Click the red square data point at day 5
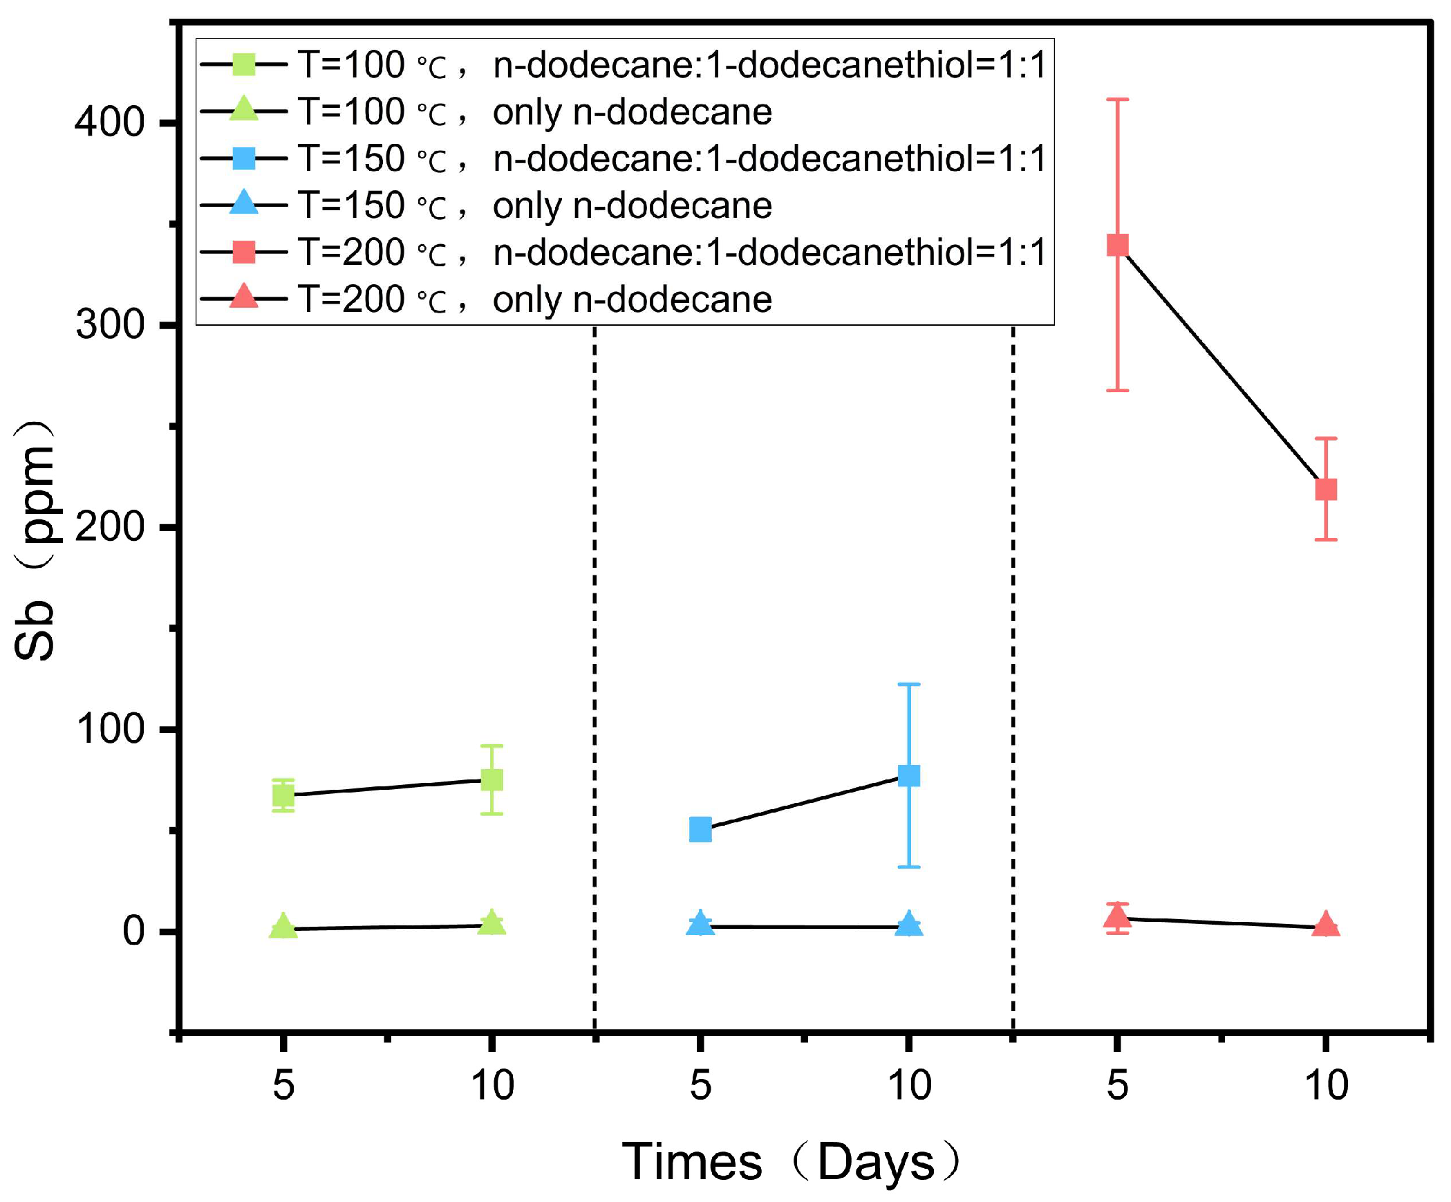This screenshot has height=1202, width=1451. [1117, 245]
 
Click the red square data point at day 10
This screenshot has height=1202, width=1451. [1325, 490]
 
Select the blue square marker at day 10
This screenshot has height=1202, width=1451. [908, 775]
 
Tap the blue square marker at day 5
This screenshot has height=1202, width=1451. [700, 829]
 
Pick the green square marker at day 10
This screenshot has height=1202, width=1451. [492, 780]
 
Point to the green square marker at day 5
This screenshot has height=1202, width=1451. [283, 796]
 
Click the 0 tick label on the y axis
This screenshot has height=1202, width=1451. [133, 930]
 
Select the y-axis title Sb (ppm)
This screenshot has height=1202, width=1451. [35, 539]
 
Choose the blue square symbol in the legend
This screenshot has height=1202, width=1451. [244, 158]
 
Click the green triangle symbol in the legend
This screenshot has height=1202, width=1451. [244, 110]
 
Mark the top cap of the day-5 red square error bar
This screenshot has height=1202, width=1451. [1117, 100]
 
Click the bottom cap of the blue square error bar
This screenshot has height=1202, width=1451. [908, 867]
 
